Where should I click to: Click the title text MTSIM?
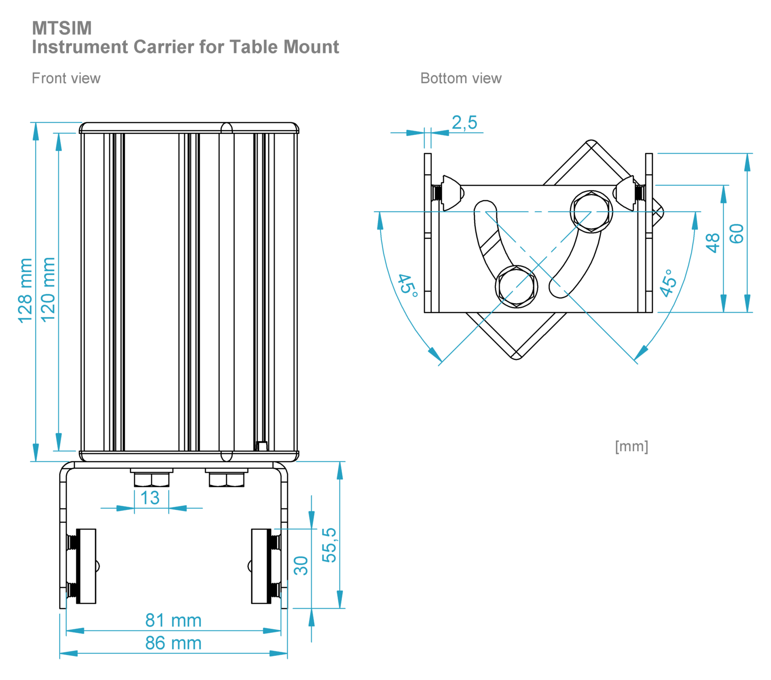pyautogui.click(x=62, y=28)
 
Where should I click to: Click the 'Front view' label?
pyautogui.click(x=66, y=78)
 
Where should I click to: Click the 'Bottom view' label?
pyautogui.click(x=461, y=78)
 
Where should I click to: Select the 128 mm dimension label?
pyautogui.click(x=25, y=291)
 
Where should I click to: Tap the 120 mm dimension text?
pyautogui.click(x=48, y=290)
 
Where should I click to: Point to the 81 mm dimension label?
pyautogui.click(x=173, y=620)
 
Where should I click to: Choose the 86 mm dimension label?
pyautogui.click(x=173, y=643)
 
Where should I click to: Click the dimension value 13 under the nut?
pyautogui.click(x=150, y=498)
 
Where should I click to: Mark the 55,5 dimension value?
pyautogui.click(x=329, y=545)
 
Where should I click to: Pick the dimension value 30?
pyautogui.click(x=301, y=566)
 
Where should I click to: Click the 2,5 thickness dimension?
pyautogui.click(x=464, y=122)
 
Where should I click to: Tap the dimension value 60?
pyautogui.click(x=736, y=234)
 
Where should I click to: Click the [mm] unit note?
pyautogui.click(x=631, y=446)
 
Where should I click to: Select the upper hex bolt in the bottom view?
pyautogui.click(x=592, y=211)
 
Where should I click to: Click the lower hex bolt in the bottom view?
pyautogui.click(x=517, y=287)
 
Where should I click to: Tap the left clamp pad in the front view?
pyautogui.click(x=86, y=566)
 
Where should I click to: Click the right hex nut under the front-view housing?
pyautogui.click(x=226, y=480)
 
